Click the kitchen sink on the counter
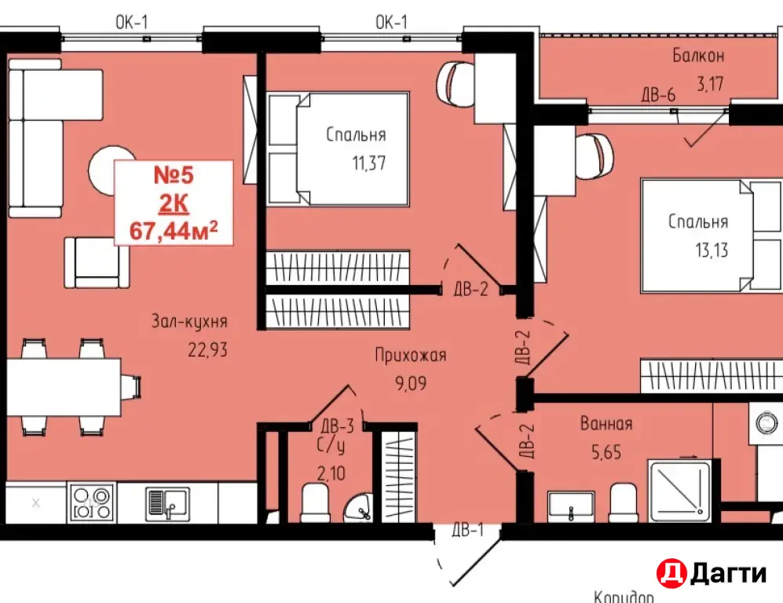[167, 502]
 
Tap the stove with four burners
[91, 502]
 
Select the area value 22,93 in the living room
[208, 350]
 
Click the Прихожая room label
[411, 356]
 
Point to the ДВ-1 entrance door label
[468, 530]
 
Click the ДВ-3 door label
[338, 426]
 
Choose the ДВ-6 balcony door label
[659, 94]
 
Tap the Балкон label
[698, 56]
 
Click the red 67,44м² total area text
[174, 231]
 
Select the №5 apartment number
[174, 175]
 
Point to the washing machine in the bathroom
[766, 423]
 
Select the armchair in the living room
[97, 262]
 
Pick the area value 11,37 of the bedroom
[369, 163]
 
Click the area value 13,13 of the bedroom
[712, 250]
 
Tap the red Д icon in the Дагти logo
[671, 573]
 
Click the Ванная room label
[606, 424]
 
